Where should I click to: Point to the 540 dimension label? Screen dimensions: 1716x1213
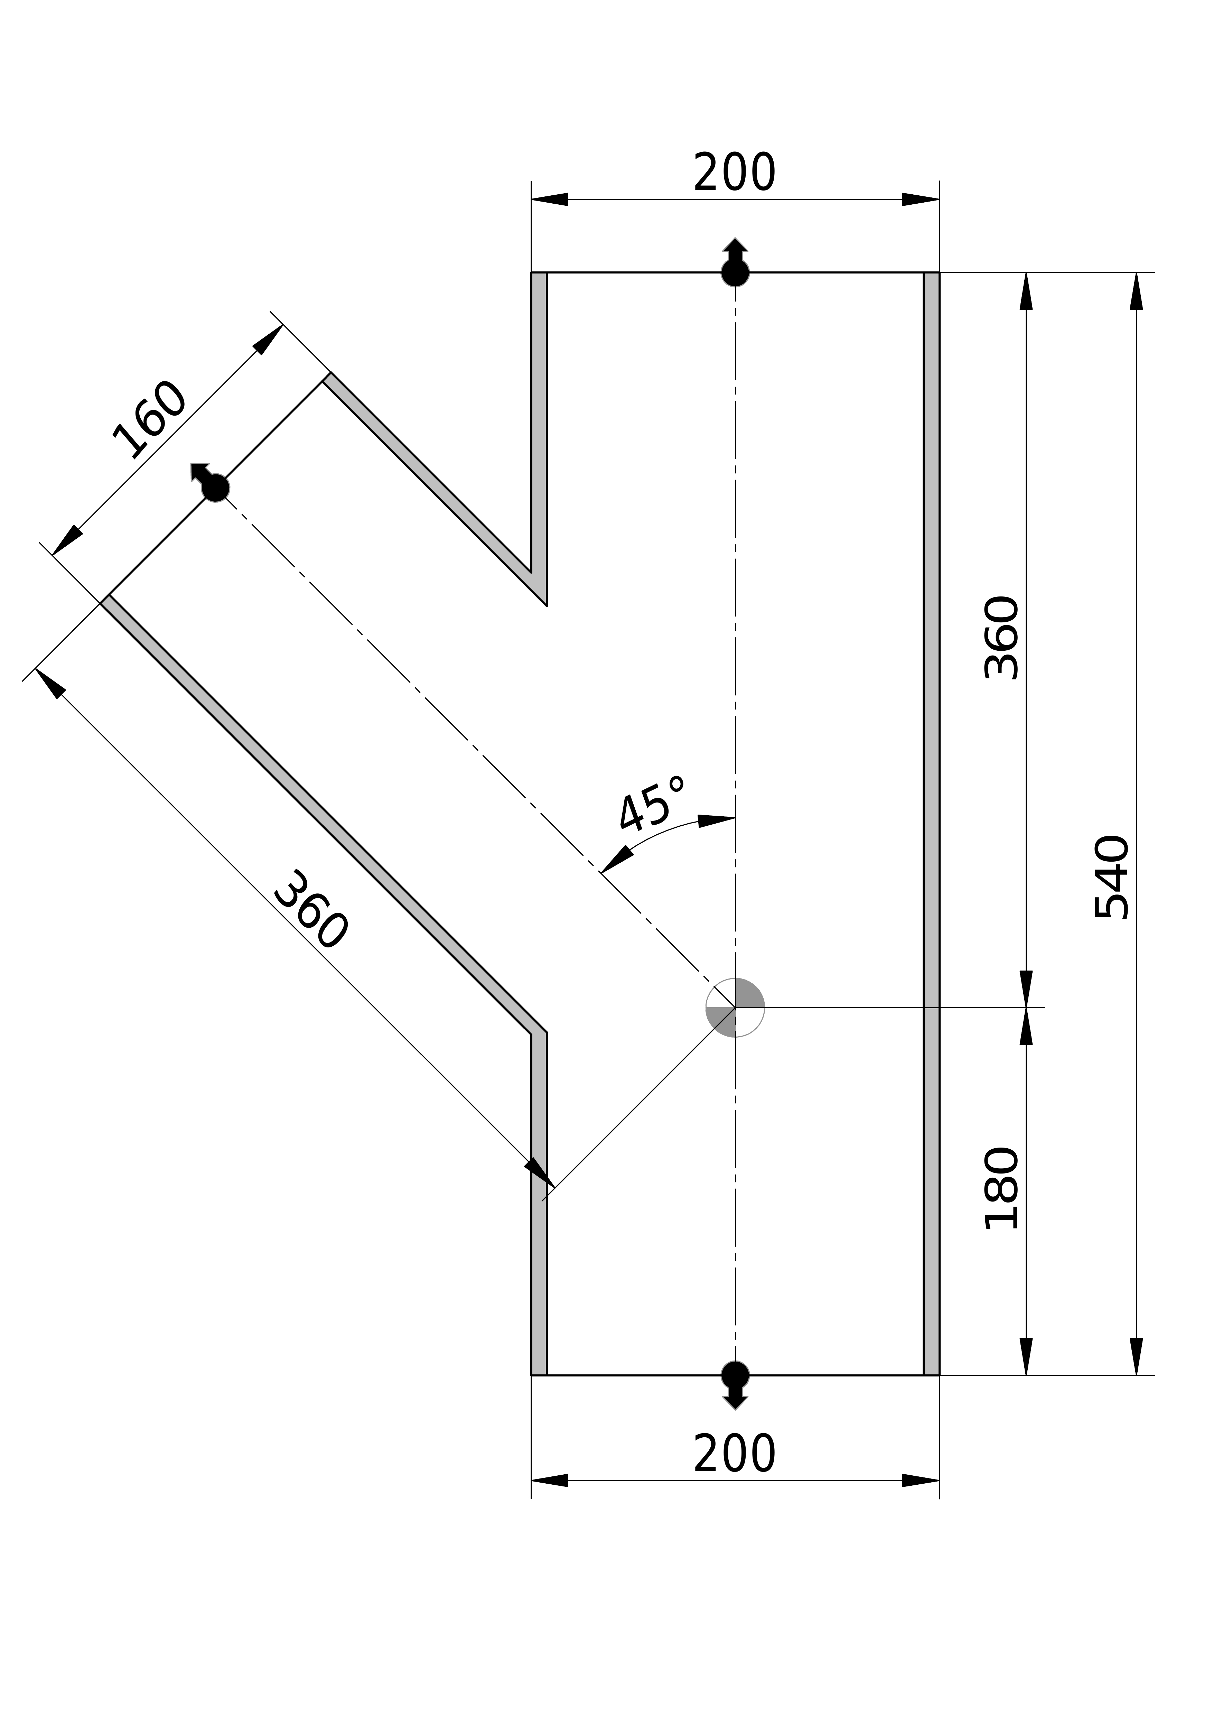pos(1111,877)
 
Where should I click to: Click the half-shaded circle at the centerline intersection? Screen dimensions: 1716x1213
pos(735,1008)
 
